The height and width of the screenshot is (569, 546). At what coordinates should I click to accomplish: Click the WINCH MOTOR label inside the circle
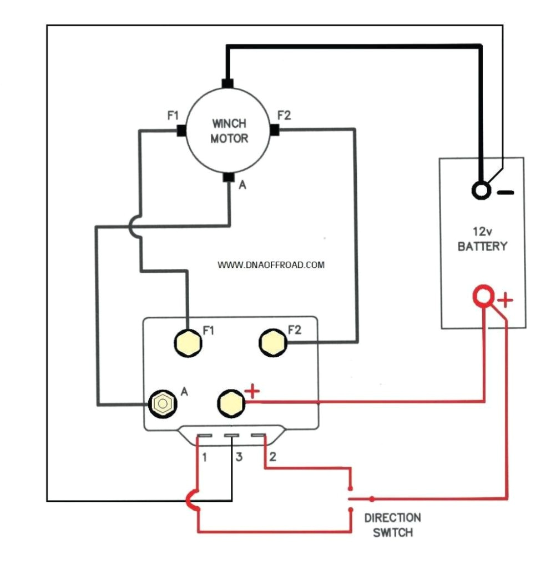[228, 131]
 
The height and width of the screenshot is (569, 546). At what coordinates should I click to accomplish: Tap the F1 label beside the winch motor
[173, 116]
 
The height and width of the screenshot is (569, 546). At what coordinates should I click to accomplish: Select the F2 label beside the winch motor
[284, 116]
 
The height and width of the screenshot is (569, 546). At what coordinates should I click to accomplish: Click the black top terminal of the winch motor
[226, 83]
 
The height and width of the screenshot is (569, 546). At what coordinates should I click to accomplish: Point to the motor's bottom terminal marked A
[228, 178]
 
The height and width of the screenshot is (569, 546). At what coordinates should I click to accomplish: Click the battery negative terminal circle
[481, 191]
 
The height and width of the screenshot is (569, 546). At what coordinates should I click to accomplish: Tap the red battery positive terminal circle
[483, 296]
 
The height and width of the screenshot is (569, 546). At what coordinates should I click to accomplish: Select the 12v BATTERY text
[482, 239]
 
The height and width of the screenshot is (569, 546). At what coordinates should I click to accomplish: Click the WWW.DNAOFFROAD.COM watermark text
[271, 265]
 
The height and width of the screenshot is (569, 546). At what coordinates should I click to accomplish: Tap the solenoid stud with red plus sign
[229, 403]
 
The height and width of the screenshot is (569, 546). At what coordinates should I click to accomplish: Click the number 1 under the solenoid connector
[205, 458]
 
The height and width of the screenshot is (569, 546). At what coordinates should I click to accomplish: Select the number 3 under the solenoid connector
[239, 458]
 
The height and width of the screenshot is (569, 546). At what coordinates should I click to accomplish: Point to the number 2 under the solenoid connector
[272, 458]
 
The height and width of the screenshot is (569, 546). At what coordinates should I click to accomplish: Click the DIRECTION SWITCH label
[392, 525]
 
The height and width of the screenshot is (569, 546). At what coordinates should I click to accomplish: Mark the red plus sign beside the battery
[505, 301]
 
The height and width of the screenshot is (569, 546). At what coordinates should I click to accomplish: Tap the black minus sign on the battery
[505, 193]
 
